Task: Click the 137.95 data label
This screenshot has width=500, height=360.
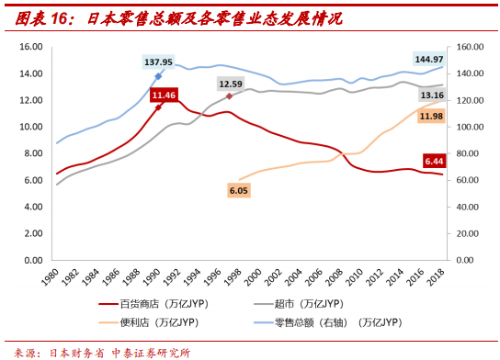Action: click(158, 62)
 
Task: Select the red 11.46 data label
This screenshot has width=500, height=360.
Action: click(165, 95)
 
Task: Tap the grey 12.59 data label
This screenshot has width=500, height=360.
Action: click(231, 84)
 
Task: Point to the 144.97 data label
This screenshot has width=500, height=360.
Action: click(428, 59)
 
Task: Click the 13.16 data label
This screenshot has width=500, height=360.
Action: click(432, 95)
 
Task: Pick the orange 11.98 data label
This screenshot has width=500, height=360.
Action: click(432, 116)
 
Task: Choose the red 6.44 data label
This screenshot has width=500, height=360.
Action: click(434, 162)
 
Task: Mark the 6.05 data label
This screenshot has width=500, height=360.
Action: click(239, 190)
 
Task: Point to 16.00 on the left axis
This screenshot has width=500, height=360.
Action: click(30, 47)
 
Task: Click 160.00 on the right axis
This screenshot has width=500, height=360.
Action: click(470, 47)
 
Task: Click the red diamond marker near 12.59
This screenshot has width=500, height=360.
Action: click(230, 96)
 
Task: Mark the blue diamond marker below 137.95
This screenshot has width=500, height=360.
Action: click(158, 76)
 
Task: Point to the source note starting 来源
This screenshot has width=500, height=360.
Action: click(103, 352)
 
